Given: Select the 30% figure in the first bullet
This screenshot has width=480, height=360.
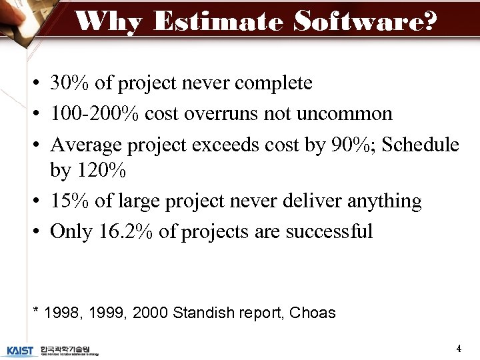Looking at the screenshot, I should pos(70,83).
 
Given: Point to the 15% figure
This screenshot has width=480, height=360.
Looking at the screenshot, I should pos(70,201).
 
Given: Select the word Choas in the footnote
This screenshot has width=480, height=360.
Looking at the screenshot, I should pos(313,312).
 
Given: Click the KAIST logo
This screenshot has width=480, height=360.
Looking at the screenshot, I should pos(20,349).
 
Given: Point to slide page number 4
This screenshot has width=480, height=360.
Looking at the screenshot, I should pos(459,348).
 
